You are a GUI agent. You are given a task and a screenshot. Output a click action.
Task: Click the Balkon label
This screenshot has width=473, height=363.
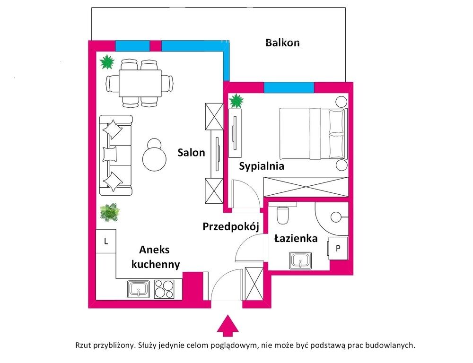[282, 43]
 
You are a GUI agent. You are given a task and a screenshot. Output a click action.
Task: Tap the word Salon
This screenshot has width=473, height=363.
[192, 153]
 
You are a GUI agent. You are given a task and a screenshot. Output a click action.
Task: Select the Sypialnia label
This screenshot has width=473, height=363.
[261, 166]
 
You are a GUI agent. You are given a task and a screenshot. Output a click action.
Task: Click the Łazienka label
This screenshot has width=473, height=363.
[296, 239]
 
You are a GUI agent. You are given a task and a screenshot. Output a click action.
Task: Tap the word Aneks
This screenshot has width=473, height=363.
[154, 250]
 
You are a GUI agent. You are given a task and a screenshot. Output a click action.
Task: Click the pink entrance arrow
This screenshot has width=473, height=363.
[228, 326]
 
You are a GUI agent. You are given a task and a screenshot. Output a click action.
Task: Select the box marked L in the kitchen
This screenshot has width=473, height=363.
[106, 242]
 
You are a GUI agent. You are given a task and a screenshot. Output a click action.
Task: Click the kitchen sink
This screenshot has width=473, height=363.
[139, 288]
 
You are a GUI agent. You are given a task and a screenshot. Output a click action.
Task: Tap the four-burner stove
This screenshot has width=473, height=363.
[164, 288]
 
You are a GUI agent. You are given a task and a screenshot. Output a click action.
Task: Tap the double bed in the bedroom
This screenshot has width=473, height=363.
[313, 134]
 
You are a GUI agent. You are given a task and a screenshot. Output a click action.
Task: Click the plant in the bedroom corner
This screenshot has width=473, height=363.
[236, 101]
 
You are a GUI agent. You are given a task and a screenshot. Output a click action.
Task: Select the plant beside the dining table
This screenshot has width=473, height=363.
[107, 62]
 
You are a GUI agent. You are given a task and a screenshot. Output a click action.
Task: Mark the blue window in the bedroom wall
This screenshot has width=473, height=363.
[289, 87]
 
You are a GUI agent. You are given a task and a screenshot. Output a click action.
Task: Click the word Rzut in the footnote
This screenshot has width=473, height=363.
[83, 346]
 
